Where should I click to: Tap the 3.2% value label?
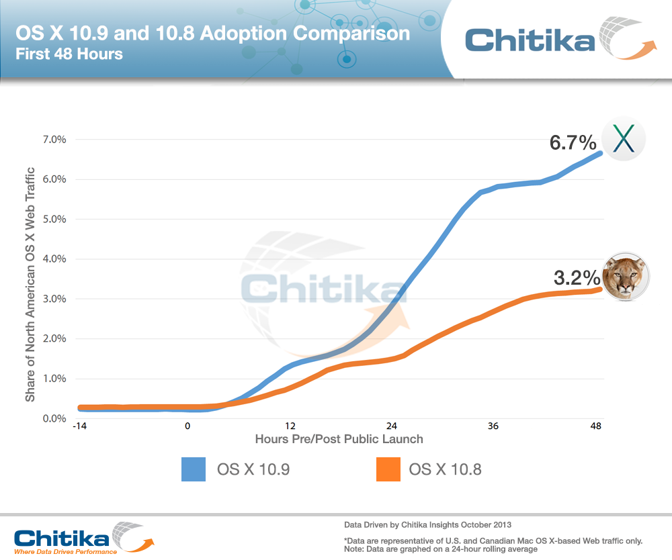576,277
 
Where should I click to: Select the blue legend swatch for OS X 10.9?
194,469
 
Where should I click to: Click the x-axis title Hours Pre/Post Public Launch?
339,439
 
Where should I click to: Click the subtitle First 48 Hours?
69,54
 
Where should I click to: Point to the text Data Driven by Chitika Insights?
430,522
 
